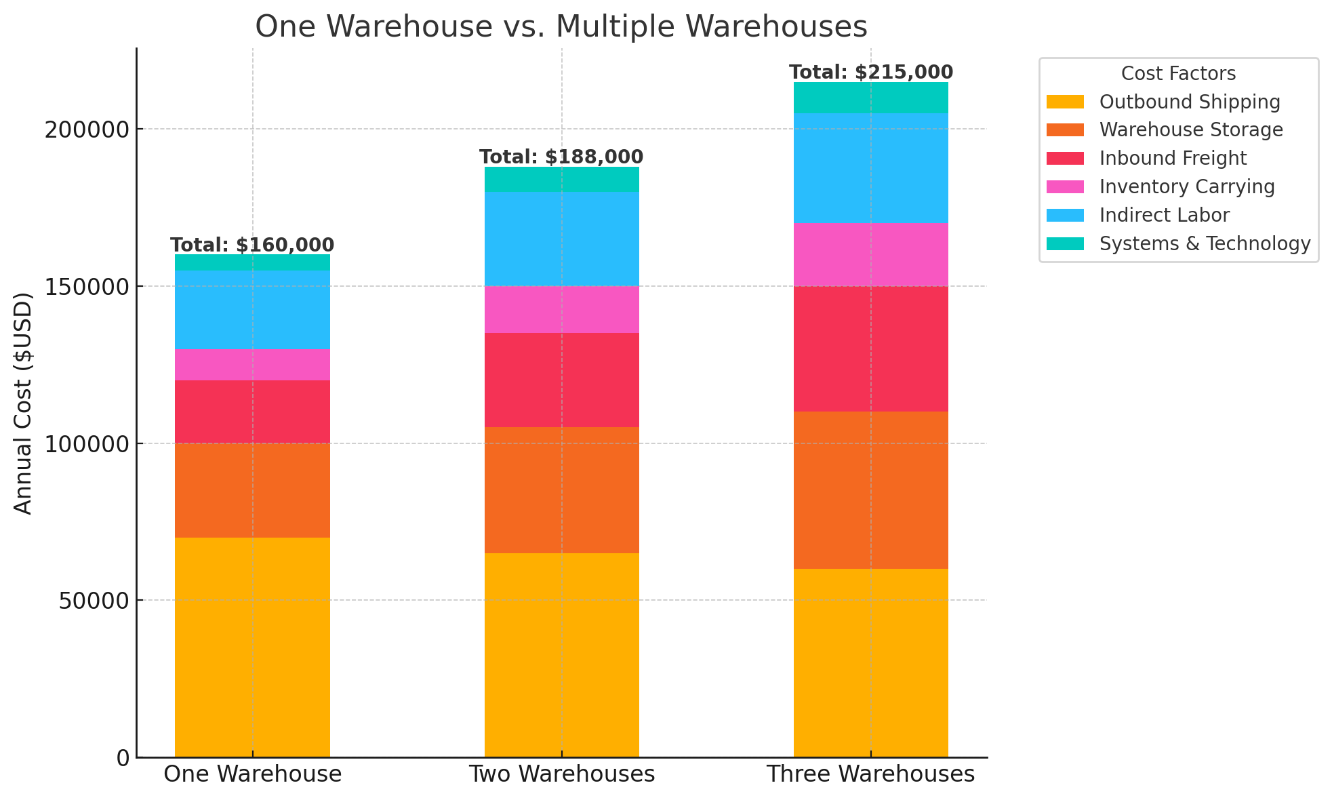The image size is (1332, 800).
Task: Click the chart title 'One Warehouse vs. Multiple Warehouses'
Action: pos(561,27)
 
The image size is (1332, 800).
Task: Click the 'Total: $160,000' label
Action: pos(252,245)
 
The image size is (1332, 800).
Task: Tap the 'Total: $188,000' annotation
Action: pos(561,157)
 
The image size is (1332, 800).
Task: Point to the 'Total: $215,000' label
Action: pos(871,73)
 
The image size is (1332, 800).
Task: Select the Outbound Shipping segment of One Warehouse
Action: pos(252,647)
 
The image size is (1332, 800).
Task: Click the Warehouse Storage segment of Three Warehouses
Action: pos(871,489)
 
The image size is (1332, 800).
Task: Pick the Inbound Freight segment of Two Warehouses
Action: pos(561,380)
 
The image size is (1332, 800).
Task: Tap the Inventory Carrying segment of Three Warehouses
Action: pos(871,255)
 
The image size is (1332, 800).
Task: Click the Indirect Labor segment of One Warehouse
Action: pos(252,310)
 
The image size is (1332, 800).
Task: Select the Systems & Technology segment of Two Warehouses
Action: pos(561,180)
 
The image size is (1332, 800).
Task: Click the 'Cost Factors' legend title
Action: pos(1178,73)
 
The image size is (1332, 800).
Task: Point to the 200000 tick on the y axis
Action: pos(87,129)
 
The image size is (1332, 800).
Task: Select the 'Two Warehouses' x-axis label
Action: pos(561,774)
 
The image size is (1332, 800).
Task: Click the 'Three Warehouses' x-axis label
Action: pos(871,774)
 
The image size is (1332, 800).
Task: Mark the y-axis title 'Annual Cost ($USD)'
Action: pos(23,403)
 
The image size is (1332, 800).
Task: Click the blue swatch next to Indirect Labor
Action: pos(1065,215)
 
